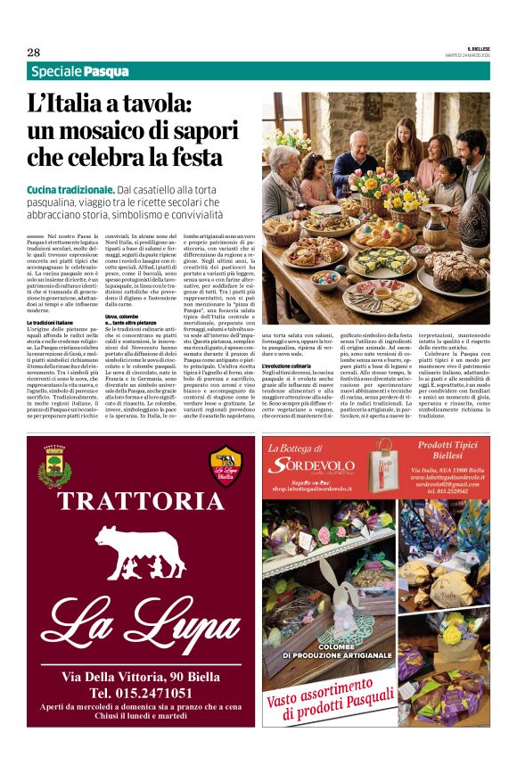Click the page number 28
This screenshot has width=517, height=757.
(33, 52)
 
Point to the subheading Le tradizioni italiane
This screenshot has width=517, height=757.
(54, 321)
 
